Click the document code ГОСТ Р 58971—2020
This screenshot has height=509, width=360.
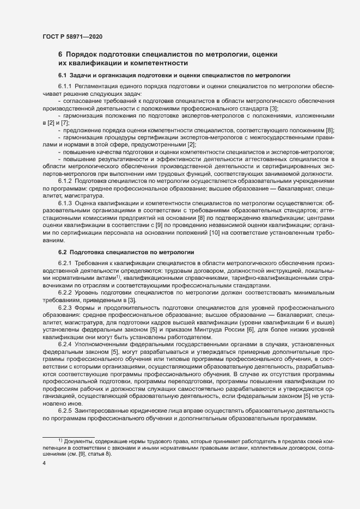pyautogui.click(x=72, y=36)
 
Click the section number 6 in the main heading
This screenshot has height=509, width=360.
pyautogui.click(x=60, y=54)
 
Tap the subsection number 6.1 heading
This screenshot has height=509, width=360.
pyautogui.click(x=62, y=75)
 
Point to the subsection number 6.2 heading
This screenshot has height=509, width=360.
pyautogui.click(x=62, y=253)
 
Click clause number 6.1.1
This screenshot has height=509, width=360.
pyautogui.click(x=65, y=87)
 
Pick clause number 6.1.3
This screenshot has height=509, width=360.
pyautogui.click(x=65, y=202)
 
